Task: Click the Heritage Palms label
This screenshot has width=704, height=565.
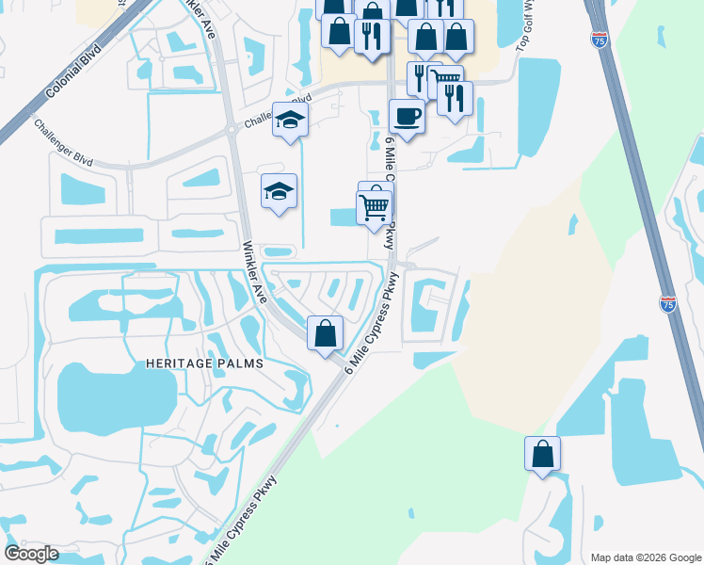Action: [x=203, y=363]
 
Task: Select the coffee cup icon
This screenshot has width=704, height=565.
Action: [x=406, y=117]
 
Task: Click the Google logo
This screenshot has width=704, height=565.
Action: [x=31, y=554]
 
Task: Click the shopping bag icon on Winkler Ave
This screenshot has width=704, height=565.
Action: [x=326, y=332]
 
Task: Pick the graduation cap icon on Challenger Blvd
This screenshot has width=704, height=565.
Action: [x=290, y=121]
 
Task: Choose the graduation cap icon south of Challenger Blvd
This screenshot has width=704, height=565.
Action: [x=279, y=192]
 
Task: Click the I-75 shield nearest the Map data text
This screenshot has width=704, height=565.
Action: [x=667, y=304]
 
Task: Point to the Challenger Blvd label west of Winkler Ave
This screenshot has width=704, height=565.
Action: [x=64, y=142]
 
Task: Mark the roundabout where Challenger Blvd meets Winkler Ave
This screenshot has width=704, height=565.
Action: [x=231, y=131]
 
